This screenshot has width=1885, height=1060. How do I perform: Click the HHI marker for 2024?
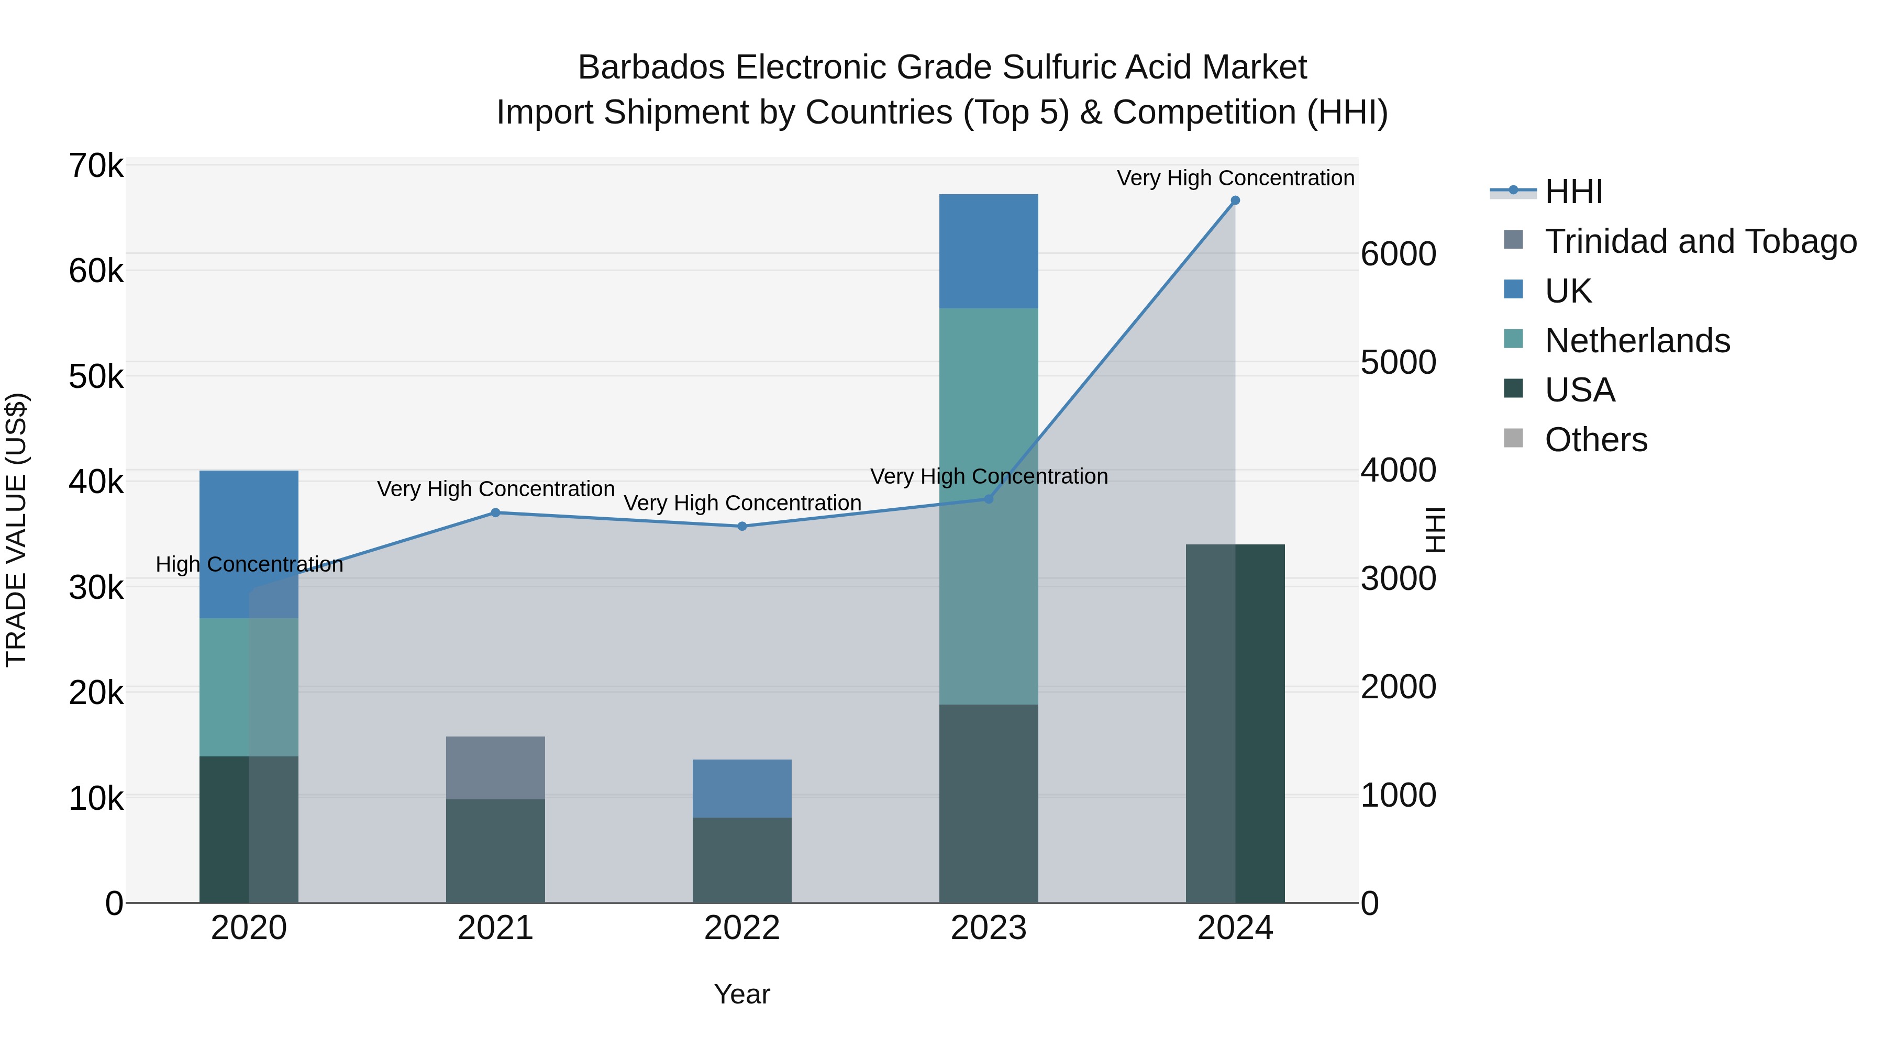(x=1235, y=200)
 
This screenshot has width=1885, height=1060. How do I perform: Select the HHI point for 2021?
(x=495, y=513)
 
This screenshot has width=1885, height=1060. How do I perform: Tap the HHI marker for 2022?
(x=742, y=526)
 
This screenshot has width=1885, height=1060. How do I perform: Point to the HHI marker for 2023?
(x=989, y=499)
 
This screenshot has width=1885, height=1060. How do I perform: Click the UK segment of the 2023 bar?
(x=989, y=251)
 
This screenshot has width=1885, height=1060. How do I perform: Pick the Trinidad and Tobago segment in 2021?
(x=495, y=767)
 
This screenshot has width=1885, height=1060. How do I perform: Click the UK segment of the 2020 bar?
(x=249, y=527)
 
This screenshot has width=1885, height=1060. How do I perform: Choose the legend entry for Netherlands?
(x=1637, y=341)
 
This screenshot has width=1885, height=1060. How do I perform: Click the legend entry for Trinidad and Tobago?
(x=1700, y=241)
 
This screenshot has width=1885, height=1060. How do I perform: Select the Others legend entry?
(x=1595, y=440)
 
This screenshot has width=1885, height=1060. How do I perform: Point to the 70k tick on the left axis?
(x=96, y=166)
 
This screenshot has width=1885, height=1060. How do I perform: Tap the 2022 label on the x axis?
(x=742, y=928)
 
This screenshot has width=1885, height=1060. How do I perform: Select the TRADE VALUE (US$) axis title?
(x=16, y=530)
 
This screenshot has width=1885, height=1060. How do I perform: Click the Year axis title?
(x=742, y=994)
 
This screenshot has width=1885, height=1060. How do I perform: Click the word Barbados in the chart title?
(x=651, y=68)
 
